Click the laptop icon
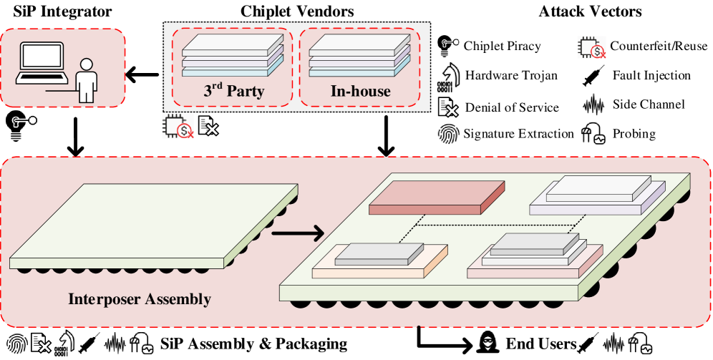[42, 63]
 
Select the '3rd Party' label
[234, 92]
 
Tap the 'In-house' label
[360, 92]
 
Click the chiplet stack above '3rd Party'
[233, 57]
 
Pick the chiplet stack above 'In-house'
[359, 57]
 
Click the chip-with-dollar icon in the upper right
[591, 47]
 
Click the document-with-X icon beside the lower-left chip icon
[208, 127]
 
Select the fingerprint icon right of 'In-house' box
[449, 133]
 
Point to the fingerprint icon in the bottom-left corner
[16, 344]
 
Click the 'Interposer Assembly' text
[140, 299]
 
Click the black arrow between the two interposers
[298, 233]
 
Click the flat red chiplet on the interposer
[437, 198]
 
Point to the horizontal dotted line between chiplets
[494, 225]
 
